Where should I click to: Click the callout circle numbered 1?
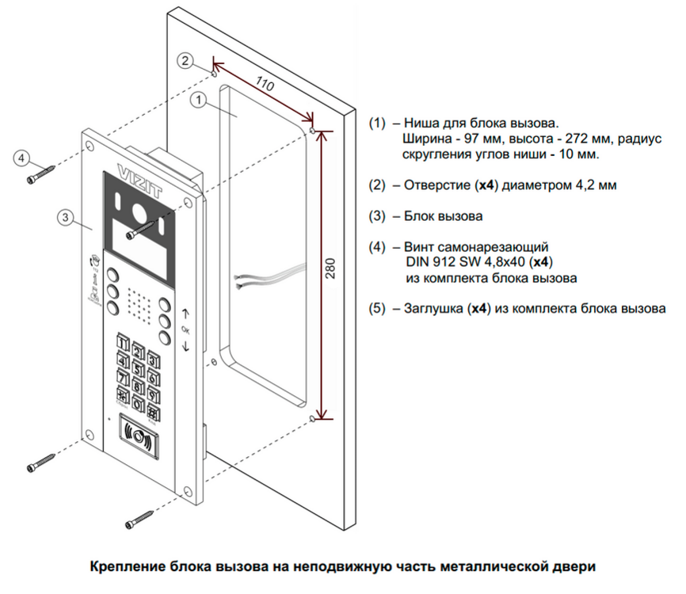199,101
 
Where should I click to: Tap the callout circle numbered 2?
185,60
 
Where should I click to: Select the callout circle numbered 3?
67,216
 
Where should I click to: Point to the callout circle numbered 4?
23,158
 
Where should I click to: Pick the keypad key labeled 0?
138,405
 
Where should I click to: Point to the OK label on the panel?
185,329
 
